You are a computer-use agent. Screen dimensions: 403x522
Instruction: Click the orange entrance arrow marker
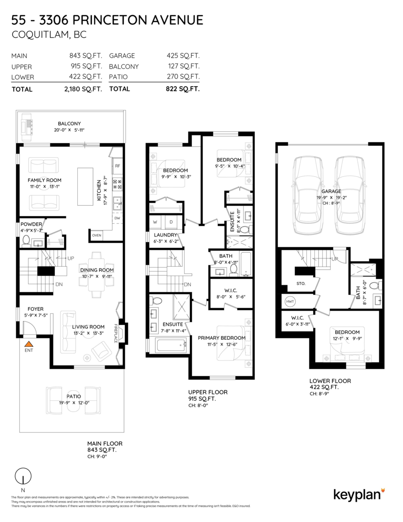tap(29, 344)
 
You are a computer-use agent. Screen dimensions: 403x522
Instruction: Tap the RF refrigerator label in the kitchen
tap(118, 166)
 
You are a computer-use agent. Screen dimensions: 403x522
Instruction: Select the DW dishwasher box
tap(117, 218)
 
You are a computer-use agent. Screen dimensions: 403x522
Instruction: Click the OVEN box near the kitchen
tap(97, 235)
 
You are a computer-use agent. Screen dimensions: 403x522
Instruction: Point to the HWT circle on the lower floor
tap(290, 301)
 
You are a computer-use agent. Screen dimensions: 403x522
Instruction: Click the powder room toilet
tap(26, 241)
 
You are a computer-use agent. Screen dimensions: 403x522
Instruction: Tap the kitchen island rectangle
tap(85, 187)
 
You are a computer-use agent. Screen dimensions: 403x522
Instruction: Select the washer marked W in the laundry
tap(155, 222)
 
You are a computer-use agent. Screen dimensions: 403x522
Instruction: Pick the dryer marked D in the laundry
tap(171, 222)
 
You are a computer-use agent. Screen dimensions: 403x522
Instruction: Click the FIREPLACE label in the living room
tap(116, 333)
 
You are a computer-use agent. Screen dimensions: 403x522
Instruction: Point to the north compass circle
tap(23, 476)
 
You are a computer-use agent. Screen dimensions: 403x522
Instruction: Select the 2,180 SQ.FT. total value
tap(83, 89)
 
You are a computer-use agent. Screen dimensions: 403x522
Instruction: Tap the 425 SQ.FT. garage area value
tap(183, 56)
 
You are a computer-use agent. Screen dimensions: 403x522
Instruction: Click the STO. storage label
tap(301, 284)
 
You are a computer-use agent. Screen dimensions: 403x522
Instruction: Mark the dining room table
tap(97, 274)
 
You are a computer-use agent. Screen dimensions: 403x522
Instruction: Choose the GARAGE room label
tap(331, 191)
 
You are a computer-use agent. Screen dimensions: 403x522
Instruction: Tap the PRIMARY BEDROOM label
tap(222, 338)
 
